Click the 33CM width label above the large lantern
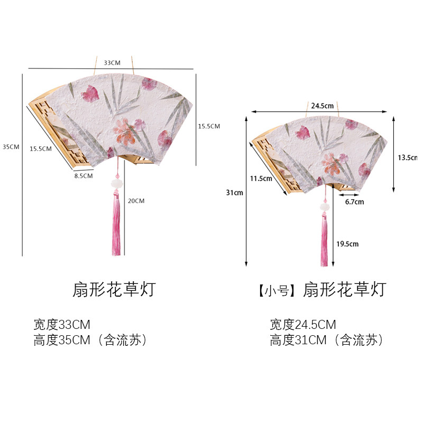112,63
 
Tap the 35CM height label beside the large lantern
11,146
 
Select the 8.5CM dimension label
84,175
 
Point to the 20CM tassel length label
136,201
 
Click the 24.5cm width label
322,106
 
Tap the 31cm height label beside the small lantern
235,193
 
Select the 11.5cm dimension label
261,178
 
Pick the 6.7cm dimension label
354,202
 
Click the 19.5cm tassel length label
347,244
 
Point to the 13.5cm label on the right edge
408,158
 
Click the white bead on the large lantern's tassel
115,183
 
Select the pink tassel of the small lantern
324,241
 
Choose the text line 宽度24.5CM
303,325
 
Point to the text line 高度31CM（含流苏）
326,341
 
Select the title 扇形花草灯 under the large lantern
114,289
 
